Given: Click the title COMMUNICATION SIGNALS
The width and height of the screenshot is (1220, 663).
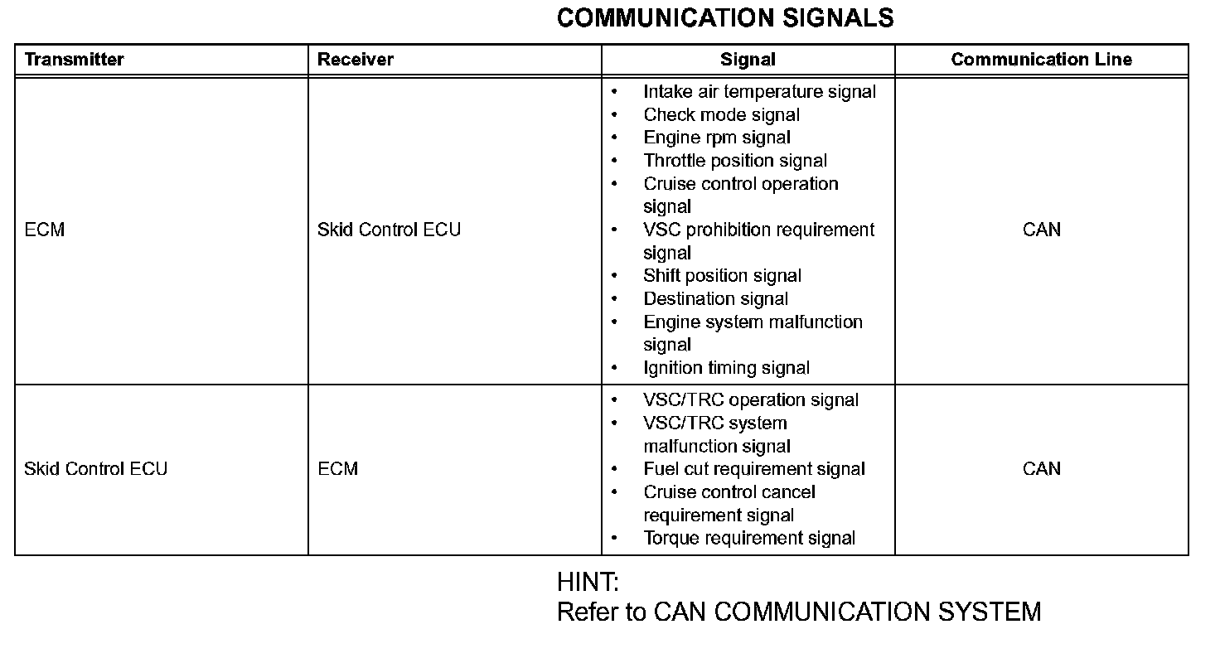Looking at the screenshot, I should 725,18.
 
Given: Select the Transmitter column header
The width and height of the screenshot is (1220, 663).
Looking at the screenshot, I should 74,60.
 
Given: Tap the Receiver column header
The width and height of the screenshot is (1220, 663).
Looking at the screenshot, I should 356,60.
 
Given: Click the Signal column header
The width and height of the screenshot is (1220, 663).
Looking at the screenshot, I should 748,60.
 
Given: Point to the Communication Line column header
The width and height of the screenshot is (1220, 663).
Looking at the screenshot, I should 1041,60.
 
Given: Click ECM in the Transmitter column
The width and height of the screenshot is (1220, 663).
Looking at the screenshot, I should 45,230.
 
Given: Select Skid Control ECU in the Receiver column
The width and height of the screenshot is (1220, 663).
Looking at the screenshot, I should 389,230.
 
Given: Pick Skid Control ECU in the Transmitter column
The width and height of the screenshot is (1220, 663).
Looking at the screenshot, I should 95,469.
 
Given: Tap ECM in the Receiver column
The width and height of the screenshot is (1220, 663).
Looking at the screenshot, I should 338,469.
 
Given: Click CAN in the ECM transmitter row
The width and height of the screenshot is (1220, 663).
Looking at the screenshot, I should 1042,230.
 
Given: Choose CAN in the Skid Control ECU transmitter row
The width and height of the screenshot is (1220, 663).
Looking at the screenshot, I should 1042,469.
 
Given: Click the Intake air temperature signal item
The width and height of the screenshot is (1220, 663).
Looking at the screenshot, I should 759,92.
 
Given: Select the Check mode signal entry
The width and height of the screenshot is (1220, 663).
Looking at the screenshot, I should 721,115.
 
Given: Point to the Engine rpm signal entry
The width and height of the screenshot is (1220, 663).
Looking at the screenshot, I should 717,138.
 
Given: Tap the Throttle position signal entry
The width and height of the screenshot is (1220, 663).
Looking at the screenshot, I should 735,161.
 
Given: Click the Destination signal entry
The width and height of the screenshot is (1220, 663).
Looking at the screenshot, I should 715,299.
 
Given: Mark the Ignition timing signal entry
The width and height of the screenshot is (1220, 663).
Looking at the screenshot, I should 726,368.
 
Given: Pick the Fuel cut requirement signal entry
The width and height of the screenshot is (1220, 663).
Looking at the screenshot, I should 754,469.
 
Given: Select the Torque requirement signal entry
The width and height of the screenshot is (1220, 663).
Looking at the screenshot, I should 749,539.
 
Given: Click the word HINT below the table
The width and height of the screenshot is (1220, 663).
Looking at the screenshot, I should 588,582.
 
